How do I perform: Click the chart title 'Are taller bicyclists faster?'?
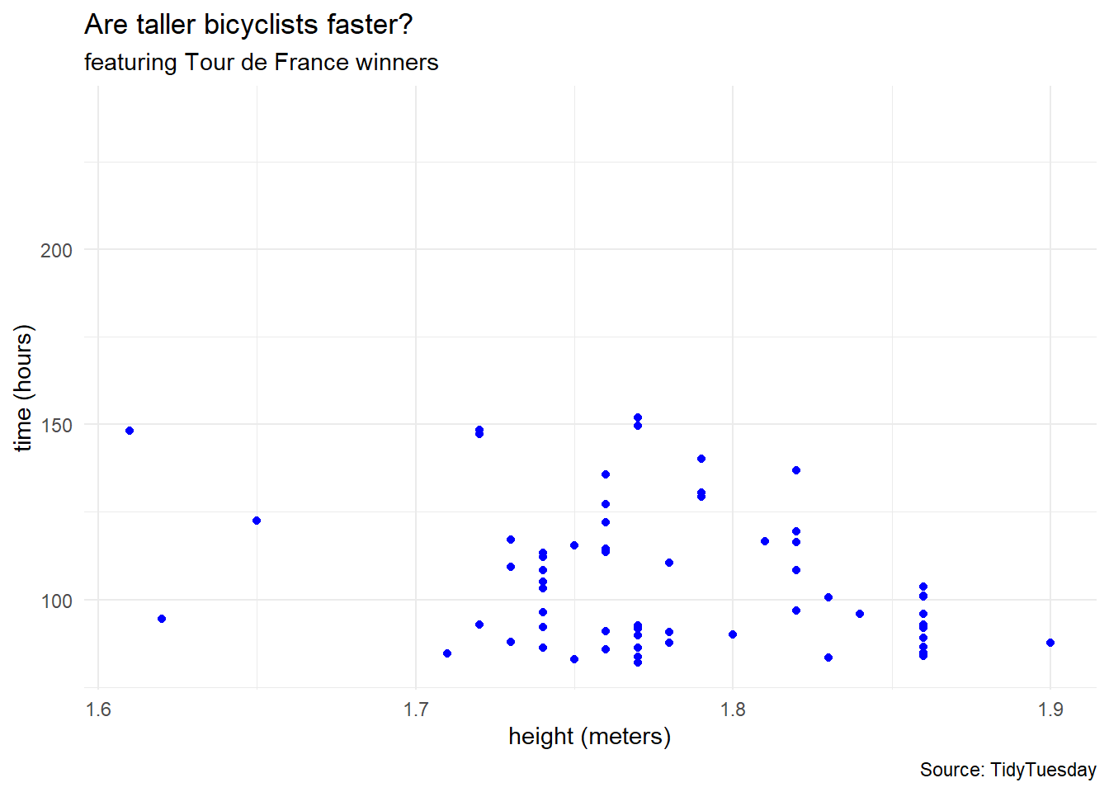[248, 25]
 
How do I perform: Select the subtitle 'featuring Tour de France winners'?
[261, 63]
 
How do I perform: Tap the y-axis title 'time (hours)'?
[23, 388]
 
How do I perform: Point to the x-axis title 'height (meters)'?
[589, 736]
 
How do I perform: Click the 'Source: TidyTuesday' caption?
[1008, 770]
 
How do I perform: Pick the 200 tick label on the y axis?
[56, 250]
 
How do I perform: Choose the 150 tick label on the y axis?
[56, 426]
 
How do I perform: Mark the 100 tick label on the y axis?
[56, 601]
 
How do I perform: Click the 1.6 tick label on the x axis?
[98, 709]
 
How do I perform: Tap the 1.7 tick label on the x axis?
[416, 709]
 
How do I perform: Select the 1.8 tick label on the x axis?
[733, 709]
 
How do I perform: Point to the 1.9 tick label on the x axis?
[1050, 709]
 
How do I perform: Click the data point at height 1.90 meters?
[1050, 643]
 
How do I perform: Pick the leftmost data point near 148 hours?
[130, 431]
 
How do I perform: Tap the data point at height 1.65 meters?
[257, 521]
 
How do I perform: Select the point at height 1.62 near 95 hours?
[162, 619]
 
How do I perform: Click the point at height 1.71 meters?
[447, 653]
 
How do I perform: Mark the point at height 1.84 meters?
[860, 614]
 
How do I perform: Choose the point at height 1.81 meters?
[765, 541]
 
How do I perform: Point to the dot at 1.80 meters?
[733, 634]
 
